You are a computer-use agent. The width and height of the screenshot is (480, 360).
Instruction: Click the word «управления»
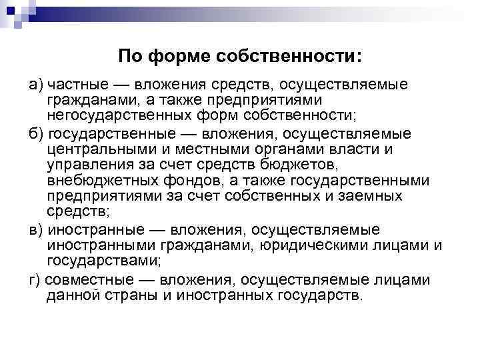(87, 165)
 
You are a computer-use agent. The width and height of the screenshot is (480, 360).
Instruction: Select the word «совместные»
(87, 279)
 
